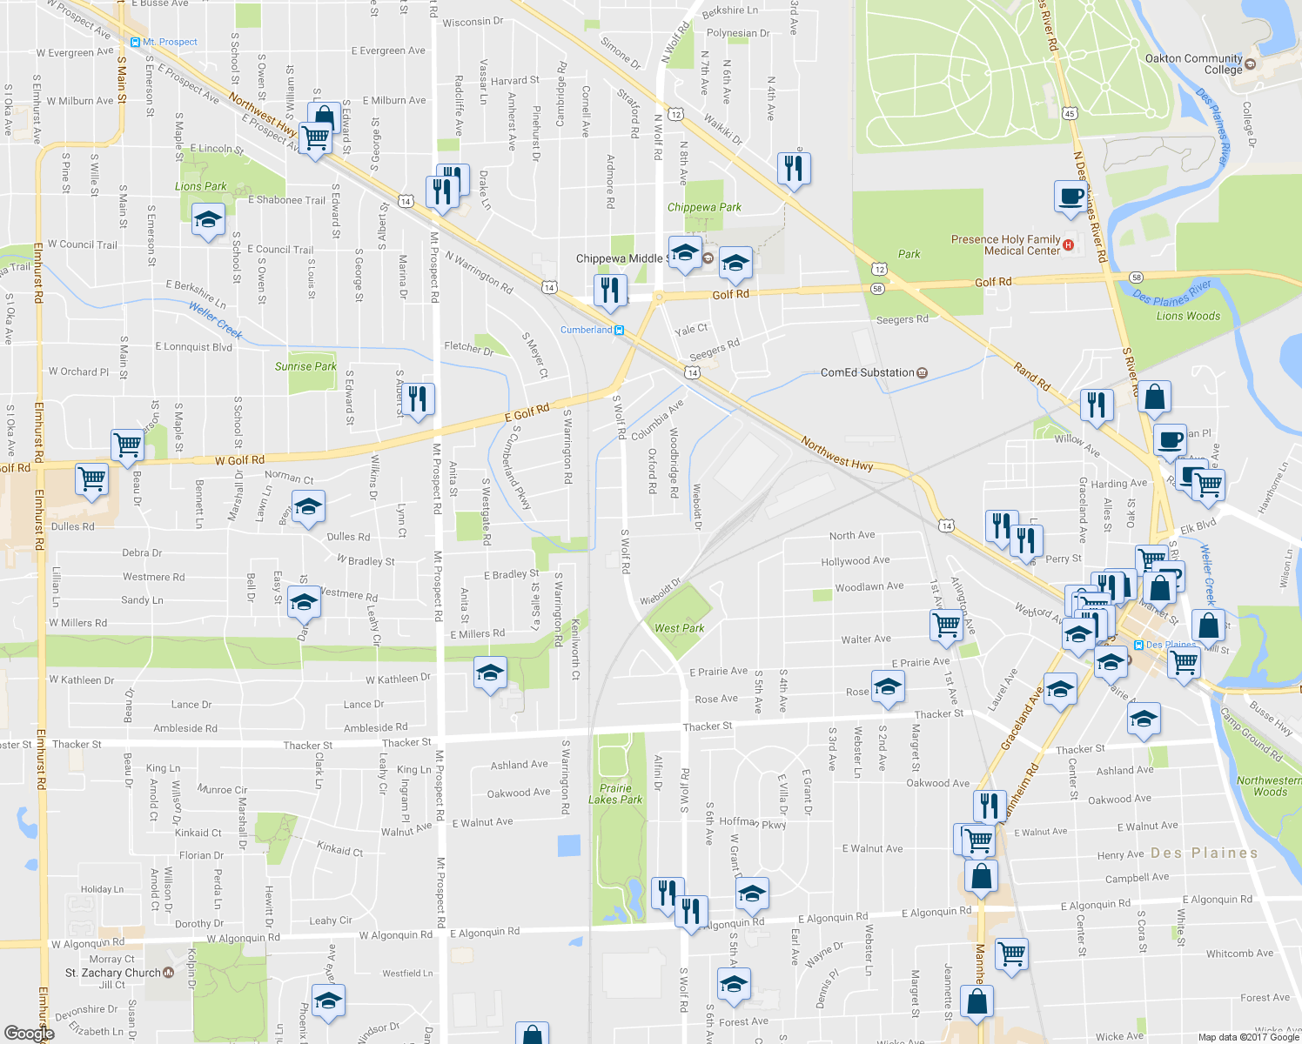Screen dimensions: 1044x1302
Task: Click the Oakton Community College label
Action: [1193, 64]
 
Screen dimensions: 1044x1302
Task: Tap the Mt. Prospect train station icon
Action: [135, 42]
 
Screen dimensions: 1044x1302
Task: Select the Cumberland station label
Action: [586, 330]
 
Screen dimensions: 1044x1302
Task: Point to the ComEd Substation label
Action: [867, 372]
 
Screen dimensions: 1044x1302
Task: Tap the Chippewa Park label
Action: [704, 207]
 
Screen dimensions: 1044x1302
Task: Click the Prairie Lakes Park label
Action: [614, 793]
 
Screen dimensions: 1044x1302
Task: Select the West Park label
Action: [679, 628]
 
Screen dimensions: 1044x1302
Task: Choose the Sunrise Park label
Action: [305, 366]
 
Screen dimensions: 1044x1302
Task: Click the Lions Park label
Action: [200, 186]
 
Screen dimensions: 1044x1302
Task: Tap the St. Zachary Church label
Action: [113, 973]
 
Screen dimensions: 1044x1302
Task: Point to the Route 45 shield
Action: [1070, 113]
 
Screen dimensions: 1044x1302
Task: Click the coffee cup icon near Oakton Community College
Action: [1070, 196]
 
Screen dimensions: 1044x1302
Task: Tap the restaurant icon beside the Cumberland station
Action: [610, 290]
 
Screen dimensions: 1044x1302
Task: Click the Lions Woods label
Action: [1188, 316]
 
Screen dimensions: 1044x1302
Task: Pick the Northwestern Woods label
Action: [1269, 786]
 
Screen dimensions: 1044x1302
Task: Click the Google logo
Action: [29, 1033]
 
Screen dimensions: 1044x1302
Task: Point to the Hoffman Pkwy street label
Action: [752, 822]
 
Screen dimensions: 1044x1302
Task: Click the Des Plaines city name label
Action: [1204, 853]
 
